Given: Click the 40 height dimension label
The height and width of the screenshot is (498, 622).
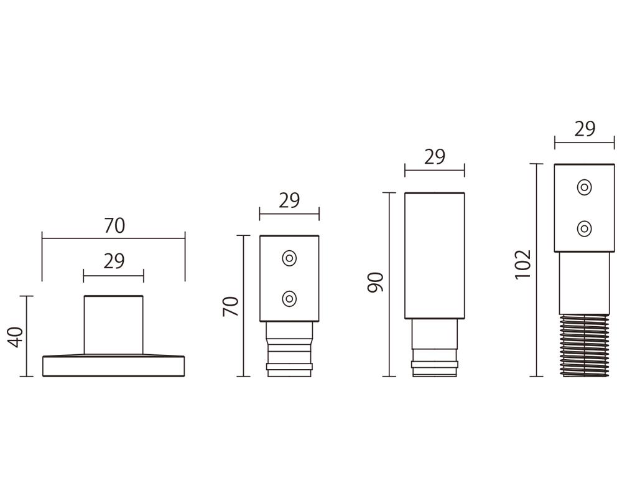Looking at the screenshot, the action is click(16, 337).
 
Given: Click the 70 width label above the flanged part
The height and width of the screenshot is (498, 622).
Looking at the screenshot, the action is click(114, 225).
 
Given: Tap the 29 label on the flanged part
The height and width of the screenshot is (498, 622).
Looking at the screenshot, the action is click(114, 261).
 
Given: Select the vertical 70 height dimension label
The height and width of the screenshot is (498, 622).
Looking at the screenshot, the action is click(231, 306).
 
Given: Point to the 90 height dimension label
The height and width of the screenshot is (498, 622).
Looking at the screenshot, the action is click(375, 282).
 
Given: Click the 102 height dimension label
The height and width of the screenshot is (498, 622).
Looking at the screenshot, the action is click(523, 265).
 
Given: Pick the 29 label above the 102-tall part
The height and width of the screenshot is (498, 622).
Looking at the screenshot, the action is click(585, 129).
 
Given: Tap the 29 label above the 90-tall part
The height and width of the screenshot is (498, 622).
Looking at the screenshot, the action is click(435, 157).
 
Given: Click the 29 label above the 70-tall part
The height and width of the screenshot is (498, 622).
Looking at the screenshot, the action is click(289, 200).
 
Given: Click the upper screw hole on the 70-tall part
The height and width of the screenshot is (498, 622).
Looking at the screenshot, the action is click(290, 258).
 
